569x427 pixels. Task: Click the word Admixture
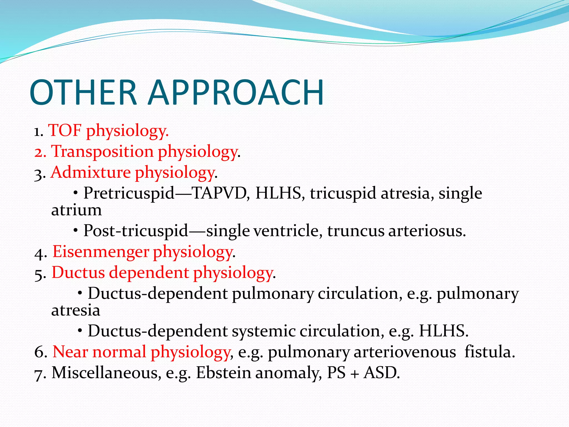[x=91, y=172]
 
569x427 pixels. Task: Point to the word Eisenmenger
[x=101, y=252]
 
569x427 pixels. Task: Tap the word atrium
[x=76, y=210]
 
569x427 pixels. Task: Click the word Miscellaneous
[x=106, y=373]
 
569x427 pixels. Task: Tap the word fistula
[x=490, y=352]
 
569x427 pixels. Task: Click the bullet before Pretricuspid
[x=76, y=193]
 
